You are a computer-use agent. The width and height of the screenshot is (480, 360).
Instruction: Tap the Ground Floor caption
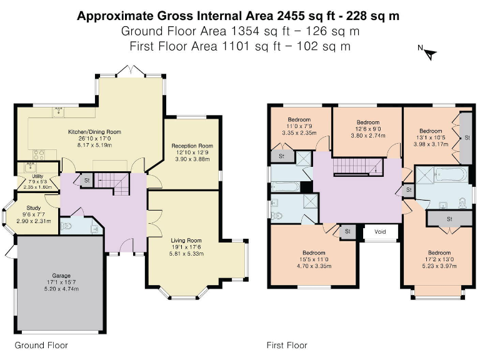point(41,345)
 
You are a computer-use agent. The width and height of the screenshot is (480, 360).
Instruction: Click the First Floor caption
point(286,345)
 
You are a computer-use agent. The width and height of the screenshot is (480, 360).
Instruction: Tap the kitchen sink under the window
point(59,112)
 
